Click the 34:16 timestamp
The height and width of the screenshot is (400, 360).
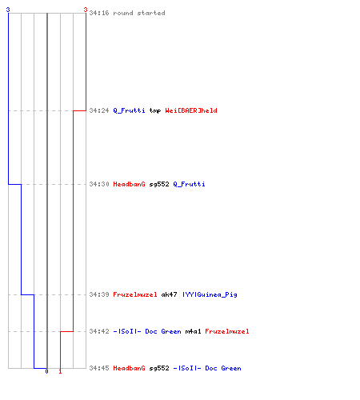click(99, 13)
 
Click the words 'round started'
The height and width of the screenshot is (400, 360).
click(139, 13)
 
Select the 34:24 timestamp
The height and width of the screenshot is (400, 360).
click(99, 110)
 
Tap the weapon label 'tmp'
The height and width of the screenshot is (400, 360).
click(155, 110)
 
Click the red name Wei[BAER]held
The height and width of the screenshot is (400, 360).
click(191, 110)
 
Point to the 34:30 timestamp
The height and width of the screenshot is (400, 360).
click(99, 184)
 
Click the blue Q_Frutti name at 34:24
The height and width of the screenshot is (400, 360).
click(129, 110)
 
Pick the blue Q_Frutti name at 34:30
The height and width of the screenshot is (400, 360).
click(189, 184)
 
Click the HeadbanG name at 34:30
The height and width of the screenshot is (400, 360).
click(129, 184)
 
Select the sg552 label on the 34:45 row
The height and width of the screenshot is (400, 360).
click(159, 368)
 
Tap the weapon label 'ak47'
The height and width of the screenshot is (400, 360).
click(169, 294)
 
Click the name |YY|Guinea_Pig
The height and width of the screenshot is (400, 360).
click(210, 294)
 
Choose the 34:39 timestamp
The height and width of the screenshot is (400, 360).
click(99, 294)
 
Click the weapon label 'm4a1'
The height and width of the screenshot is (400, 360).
click(193, 331)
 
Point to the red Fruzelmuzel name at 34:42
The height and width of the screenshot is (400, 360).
click(227, 331)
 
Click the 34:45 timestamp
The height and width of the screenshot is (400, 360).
click(99, 368)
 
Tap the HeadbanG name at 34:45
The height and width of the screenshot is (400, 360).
click(129, 368)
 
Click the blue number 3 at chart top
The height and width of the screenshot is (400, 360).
click(8, 10)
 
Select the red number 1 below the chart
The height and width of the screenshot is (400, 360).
click(60, 371)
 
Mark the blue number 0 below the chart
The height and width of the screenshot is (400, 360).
click(46, 371)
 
